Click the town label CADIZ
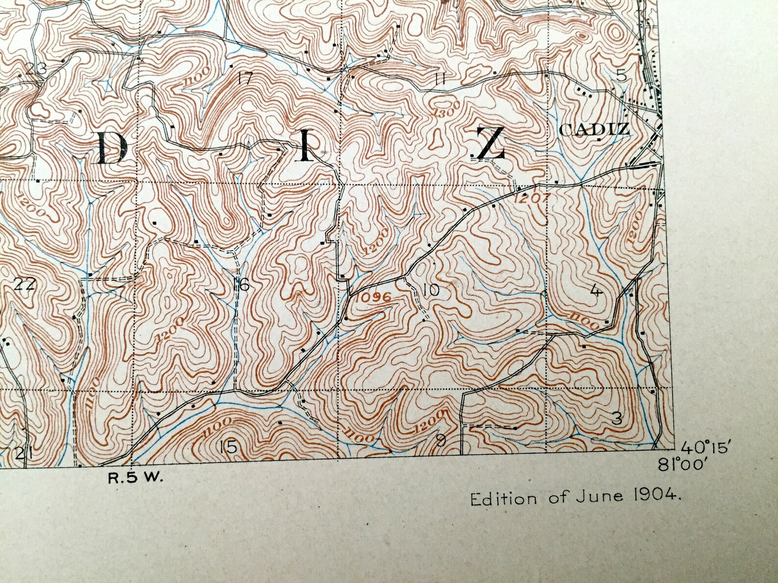click(x=593, y=130)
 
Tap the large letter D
click(x=111, y=148)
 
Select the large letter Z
click(x=490, y=143)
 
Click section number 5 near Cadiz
click(x=621, y=75)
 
